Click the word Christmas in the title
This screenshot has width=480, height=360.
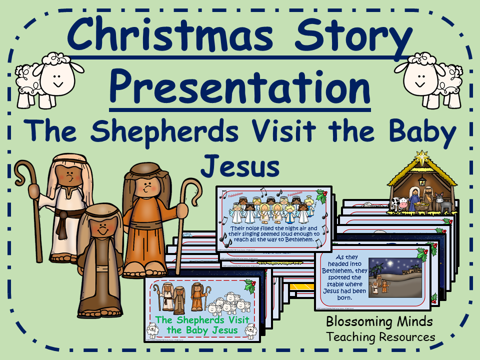pos(170,37)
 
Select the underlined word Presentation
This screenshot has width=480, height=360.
pos(240,86)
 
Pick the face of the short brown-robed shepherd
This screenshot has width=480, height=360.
pos(102,230)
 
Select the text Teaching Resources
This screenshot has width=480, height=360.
pos(381,337)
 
